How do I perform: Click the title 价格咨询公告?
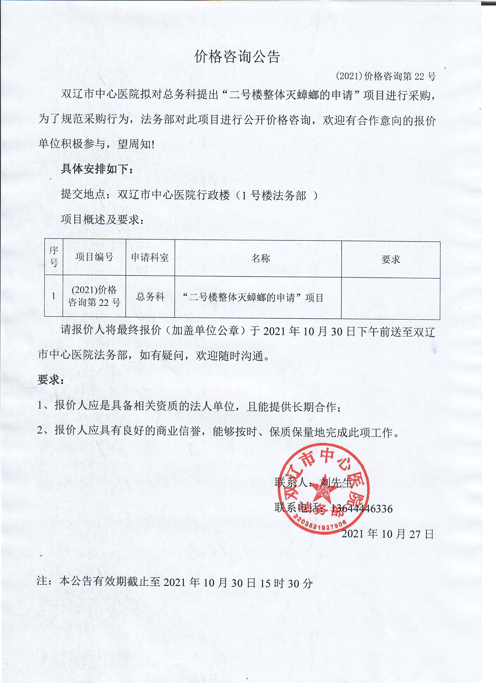237,56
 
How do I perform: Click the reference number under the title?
386,77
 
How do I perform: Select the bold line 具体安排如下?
97,169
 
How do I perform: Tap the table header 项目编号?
94,257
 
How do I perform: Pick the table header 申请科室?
150,257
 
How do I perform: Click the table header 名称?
261,258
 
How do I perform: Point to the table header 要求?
390,259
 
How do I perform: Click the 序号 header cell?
54,256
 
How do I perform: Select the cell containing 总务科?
150,297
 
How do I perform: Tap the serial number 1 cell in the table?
54,296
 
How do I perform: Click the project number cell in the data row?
94,296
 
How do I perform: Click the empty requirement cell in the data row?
390,298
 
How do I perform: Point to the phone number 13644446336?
362,509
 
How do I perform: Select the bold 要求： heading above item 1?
50,380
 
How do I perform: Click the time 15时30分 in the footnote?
286,584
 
